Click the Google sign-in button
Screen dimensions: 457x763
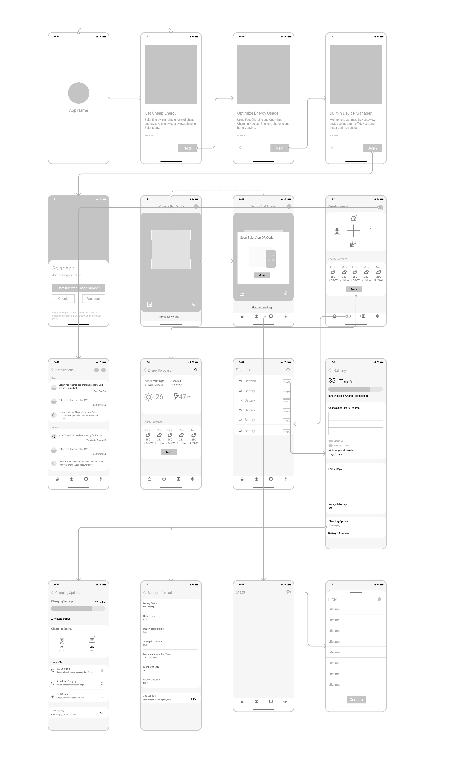(x=63, y=298)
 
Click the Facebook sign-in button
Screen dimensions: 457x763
(x=93, y=298)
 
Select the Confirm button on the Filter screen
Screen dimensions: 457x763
(x=356, y=699)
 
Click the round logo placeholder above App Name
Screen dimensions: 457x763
(x=78, y=93)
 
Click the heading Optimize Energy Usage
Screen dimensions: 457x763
(x=257, y=113)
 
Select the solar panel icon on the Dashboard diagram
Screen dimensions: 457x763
(x=354, y=219)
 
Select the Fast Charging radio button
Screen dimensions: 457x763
(x=102, y=696)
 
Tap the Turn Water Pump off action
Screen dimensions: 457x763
(x=96, y=440)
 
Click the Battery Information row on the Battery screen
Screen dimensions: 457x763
(x=339, y=533)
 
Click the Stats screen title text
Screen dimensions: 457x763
(x=240, y=592)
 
